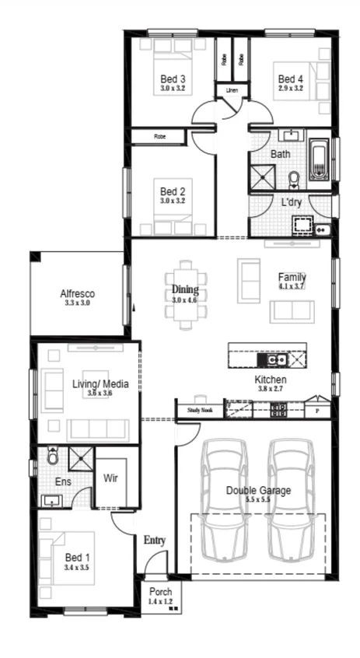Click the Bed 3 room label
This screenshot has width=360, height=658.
click(x=173, y=79)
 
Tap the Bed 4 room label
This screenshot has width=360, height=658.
click(x=290, y=79)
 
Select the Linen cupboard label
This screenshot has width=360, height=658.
click(x=232, y=91)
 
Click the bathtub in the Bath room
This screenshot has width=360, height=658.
click(x=320, y=159)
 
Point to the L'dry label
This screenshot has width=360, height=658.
click(x=292, y=202)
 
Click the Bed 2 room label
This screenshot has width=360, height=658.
click(x=173, y=191)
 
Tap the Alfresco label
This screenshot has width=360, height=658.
click(x=78, y=293)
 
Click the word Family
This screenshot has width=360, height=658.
click(x=292, y=277)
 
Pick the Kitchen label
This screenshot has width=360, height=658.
click(x=271, y=380)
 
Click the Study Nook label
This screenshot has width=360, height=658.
click(x=200, y=410)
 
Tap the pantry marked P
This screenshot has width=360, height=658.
click(x=317, y=410)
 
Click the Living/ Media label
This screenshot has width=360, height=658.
click(x=100, y=383)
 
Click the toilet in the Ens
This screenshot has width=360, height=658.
click(x=53, y=457)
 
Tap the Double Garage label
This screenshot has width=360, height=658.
click(x=259, y=490)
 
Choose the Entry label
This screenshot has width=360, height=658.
click(x=155, y=541)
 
